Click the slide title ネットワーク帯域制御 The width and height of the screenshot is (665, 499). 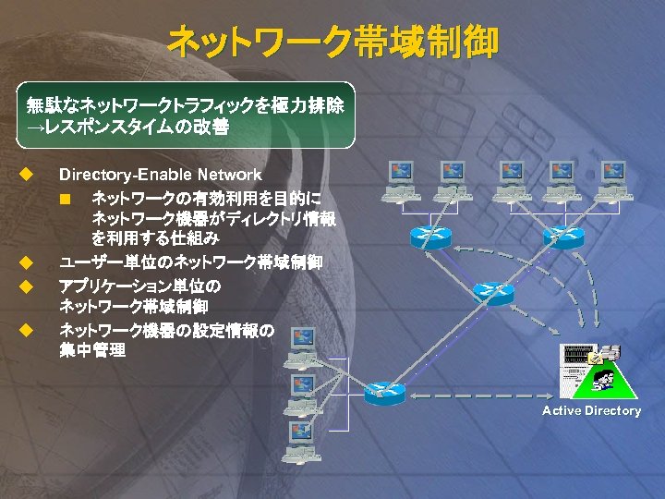[332, 42]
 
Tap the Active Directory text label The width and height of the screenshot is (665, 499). [591, 410]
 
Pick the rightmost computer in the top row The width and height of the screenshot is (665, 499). [612, 179]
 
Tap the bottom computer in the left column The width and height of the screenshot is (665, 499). [302, 440]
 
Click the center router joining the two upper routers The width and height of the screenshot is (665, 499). [492, 292]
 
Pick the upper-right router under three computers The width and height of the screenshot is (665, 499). [564, 234]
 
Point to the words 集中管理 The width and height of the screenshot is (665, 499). [92, 351]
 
